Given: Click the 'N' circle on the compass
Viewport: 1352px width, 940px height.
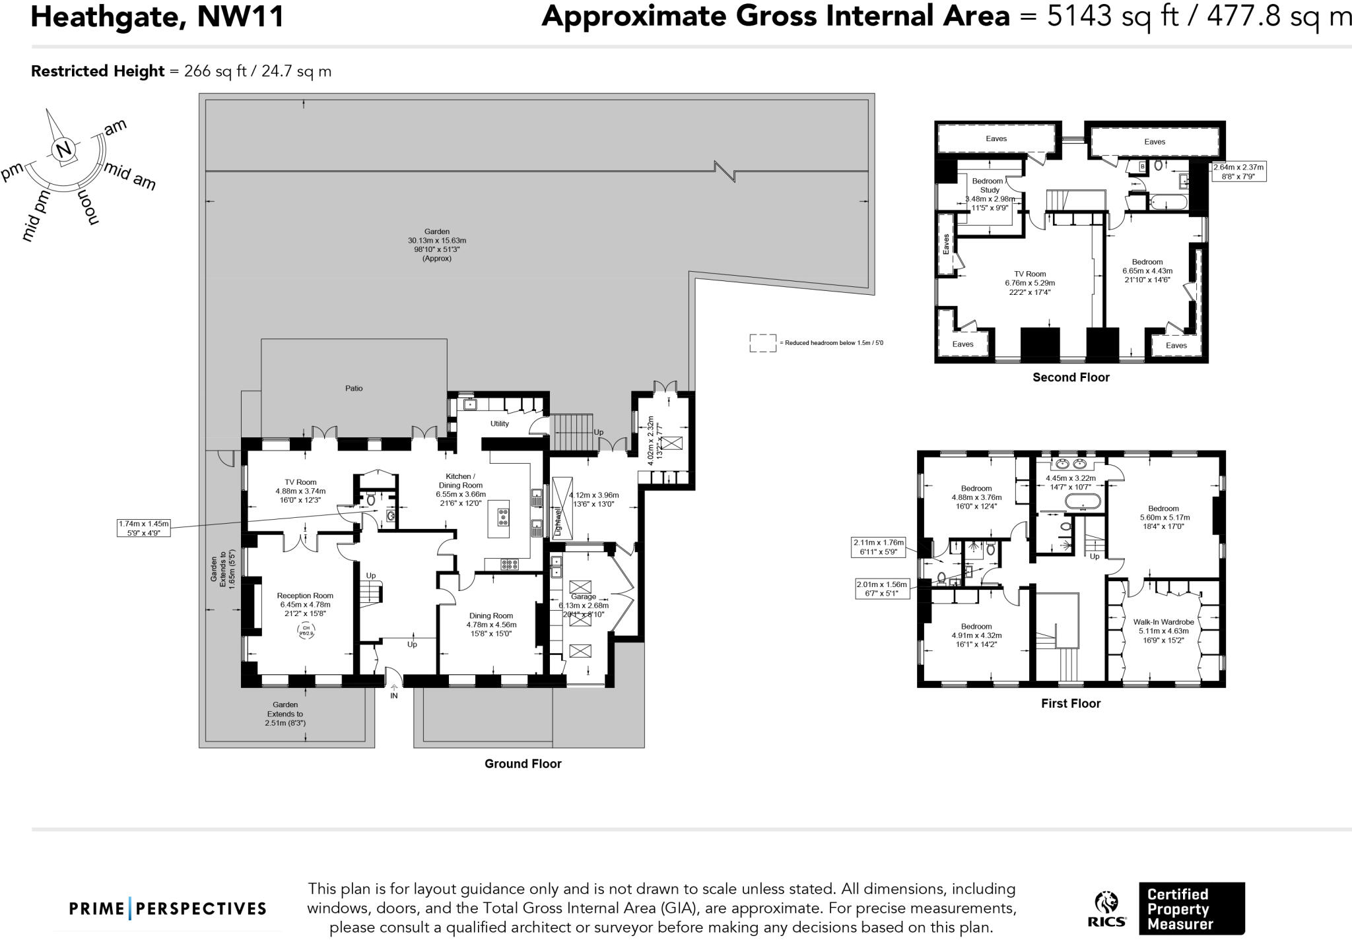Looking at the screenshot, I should tap(64, 150).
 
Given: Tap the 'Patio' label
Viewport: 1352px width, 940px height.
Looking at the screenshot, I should tap(354, 389).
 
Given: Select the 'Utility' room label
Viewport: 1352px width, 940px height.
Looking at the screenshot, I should tap(499, 423).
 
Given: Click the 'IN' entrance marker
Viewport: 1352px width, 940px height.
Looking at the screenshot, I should tap(394, 695).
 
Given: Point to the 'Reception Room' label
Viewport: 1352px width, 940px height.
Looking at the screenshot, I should tap(305, 596).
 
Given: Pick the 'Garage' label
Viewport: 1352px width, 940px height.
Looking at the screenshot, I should tap(584, 596).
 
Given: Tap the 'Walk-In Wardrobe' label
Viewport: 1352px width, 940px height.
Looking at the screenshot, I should tap(1163, 622).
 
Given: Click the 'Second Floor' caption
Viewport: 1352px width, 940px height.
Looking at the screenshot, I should tap(1071, 377).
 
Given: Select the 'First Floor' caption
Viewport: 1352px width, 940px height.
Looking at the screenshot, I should tap(1071, 703).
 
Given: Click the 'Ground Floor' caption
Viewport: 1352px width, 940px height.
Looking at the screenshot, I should tap(523, 764).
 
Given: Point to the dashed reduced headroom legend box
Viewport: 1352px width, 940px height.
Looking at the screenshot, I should tap(762, 343).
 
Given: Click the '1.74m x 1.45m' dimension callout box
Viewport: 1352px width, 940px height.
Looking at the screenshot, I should tap(143, 528).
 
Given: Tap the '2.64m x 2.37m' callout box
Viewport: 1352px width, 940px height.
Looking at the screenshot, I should tap(1238, 172).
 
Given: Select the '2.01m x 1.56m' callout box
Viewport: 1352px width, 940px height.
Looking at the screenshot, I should tap(881, 588).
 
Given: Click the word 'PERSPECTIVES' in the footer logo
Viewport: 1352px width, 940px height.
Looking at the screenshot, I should tap(201, 909).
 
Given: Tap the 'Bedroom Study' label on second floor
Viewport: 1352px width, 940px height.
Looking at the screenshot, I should tap(988, 185).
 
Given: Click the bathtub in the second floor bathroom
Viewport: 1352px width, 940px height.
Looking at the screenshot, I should tap(1168, 201).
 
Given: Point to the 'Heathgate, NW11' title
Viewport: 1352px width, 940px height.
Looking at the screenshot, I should tap(157, 16).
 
